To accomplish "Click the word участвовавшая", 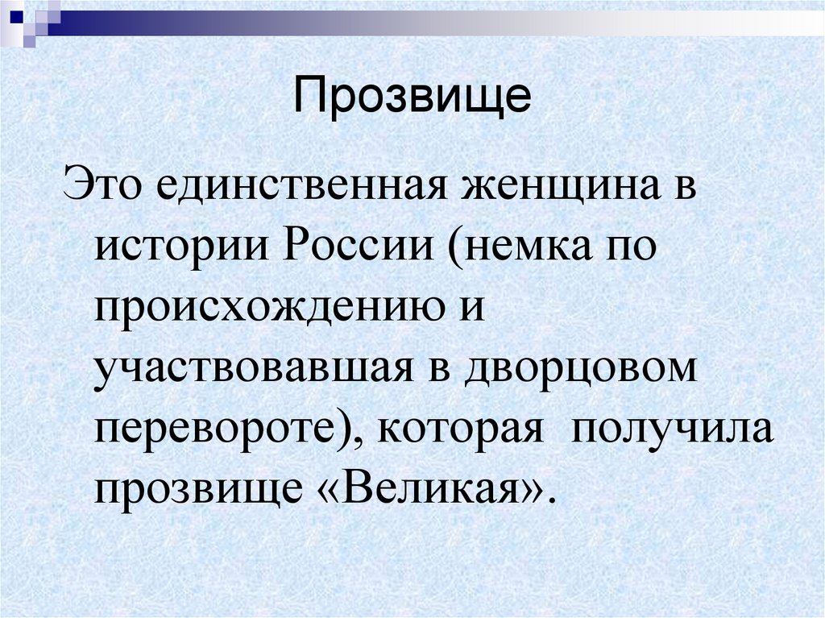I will pos(249,367).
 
